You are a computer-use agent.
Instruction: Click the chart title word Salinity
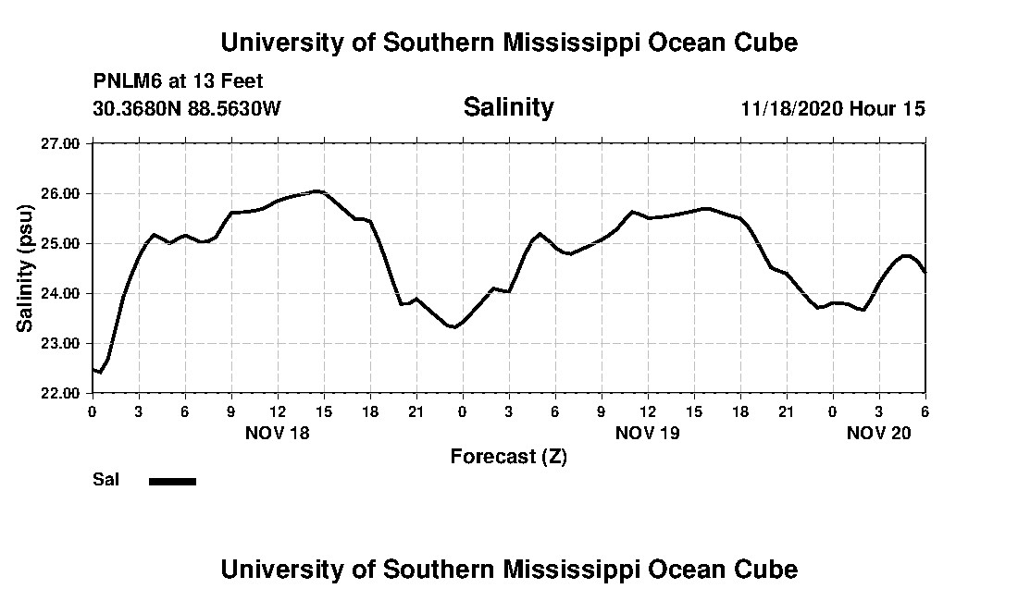pyautogui.click(x=508, y=107)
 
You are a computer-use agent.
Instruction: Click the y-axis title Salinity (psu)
pyautogui.click(x=26, y=268)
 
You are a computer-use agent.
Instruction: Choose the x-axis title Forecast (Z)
pyautogui.click(x=508, y=457)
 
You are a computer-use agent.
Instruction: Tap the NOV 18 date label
pyautogui.click(x=277, y=433)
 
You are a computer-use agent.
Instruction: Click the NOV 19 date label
pyautogui.click(x=647, y=433)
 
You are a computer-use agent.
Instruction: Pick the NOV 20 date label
pyautogui.click(x=878, y=433)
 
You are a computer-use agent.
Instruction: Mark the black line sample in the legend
pyautogui.click(x=172, y=481)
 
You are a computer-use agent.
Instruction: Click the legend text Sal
pyautogui.click(x=105, y=480)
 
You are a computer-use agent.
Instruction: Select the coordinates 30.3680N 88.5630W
pyautogui.click(x=187, y=109)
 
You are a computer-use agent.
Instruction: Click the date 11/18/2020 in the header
pyautogui.click(x=791, y=109)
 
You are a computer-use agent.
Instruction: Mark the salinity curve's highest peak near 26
pyautogui.click(x=317, y=190)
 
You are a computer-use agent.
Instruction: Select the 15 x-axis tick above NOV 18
pyautogui.click(x=323, y=411)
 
